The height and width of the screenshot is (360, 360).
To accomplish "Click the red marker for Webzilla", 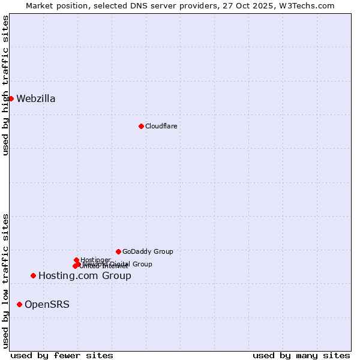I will [x=11, y=98].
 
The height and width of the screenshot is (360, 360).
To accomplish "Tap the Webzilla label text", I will [x=36, y=99].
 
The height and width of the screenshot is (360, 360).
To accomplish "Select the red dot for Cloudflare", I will [x=141, y=126].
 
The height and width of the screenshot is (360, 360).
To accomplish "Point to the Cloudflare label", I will [x=161, y=126].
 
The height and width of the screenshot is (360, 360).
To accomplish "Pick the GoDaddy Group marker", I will [x=118, y=251].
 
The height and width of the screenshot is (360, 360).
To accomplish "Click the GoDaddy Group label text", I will [x=148, y=252].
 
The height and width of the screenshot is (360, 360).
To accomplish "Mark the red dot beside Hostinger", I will [x=76, y=260].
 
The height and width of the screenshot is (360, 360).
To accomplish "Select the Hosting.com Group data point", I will [x=33, y=275].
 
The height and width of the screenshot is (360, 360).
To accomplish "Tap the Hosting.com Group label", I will [x=85, y=276].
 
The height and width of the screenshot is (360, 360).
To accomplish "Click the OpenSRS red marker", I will [x=19, y=304].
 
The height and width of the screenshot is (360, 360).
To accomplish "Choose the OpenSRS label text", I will [x=47, y=305].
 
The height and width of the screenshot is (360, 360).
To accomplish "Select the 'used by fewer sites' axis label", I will [x=62, y=355].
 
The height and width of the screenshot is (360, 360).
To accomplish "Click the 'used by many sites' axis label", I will [x=301, y=355].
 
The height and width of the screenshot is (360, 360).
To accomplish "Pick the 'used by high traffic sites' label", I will [x=5, y=85].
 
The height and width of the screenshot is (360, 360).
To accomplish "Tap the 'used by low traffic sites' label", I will [x=5, y=281].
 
